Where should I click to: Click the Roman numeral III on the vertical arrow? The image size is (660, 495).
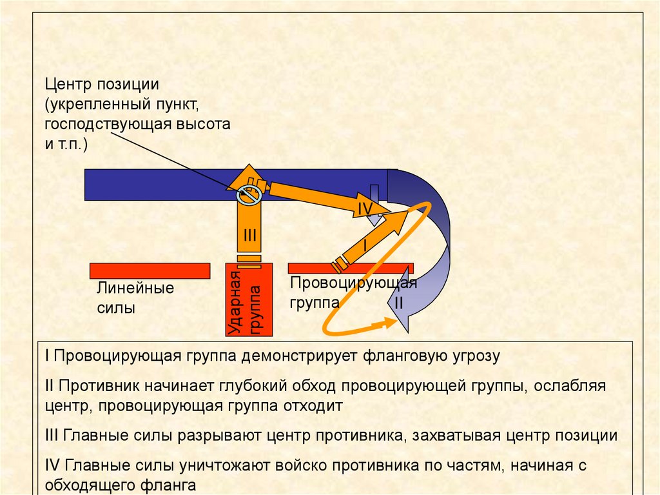point(249,236)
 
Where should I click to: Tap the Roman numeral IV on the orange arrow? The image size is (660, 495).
point(365,208)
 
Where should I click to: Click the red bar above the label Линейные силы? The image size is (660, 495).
point(150,270)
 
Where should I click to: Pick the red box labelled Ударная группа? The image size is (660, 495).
point(249,300)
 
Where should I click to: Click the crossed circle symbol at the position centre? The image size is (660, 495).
point(249,193)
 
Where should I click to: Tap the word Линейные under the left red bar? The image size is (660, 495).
point(135,288)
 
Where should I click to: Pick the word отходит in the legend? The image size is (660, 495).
point(315,406)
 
